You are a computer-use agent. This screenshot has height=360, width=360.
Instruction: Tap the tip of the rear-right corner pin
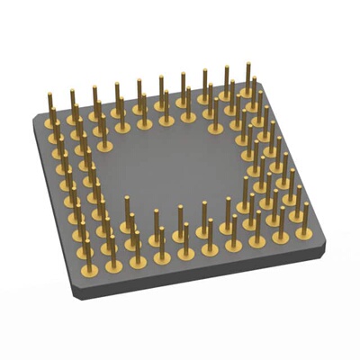247,65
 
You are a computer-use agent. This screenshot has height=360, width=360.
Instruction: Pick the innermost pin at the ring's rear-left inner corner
102,130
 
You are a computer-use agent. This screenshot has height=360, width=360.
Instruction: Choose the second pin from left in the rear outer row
73,103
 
